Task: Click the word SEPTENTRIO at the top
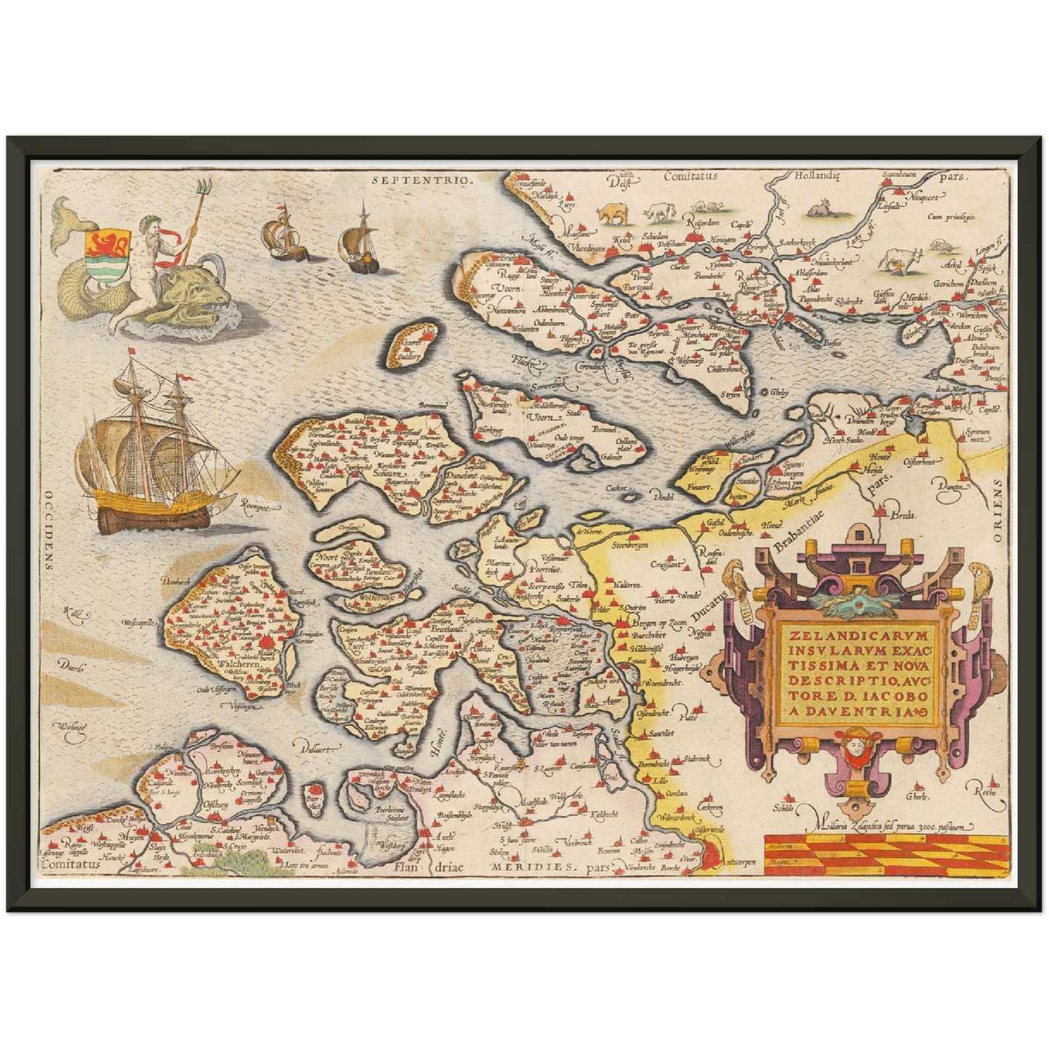click(x=420, y=178)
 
